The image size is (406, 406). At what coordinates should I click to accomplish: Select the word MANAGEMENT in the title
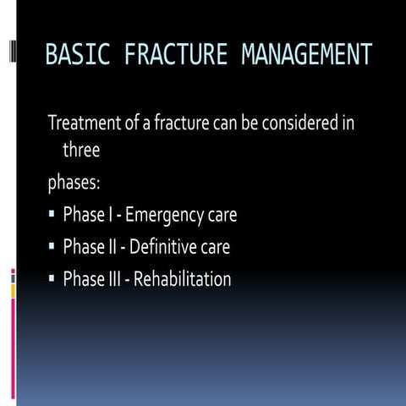(306, 56)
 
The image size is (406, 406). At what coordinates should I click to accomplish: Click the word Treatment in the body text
(83, 123)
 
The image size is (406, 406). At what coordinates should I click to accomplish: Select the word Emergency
(166, 216)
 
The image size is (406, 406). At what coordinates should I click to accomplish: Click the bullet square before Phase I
(52, 215)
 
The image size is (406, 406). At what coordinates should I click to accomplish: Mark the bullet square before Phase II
(52, 247)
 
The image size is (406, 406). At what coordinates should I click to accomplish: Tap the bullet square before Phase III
(52, 278)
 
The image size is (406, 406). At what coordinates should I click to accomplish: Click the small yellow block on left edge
(13, 290)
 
